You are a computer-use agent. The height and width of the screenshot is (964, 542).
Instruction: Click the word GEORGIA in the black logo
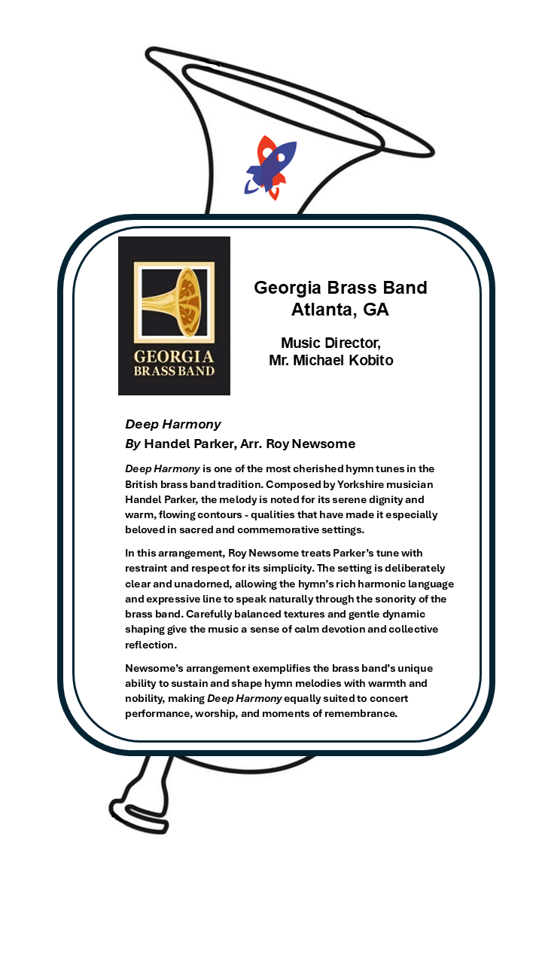[174, 356]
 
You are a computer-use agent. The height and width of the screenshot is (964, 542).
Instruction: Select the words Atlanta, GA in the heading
[340, 310]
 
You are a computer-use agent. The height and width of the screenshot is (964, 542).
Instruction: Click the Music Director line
[330, 343]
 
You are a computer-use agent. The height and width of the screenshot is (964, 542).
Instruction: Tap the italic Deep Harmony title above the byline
[173, 424]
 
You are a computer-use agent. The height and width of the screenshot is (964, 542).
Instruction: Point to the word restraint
[151, 569]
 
